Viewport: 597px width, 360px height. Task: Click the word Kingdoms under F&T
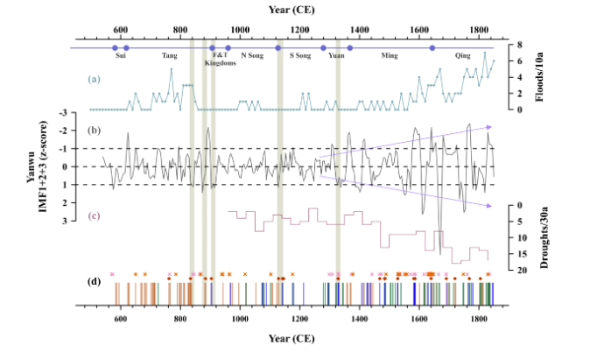click(221, 63)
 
